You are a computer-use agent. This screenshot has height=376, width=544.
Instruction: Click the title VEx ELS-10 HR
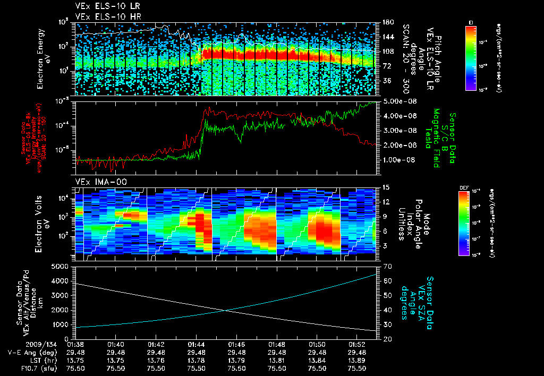pos(103,16)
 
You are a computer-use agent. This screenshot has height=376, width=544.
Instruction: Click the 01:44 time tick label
pos(197,344)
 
